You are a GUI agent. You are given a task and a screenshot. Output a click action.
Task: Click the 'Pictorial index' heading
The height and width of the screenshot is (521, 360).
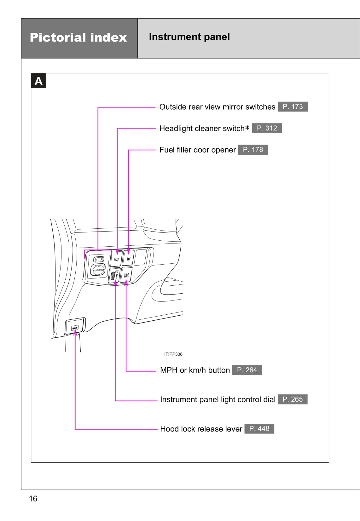tap(78, 37)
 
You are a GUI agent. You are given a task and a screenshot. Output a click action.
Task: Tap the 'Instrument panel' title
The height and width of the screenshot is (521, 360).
tap(189, 37)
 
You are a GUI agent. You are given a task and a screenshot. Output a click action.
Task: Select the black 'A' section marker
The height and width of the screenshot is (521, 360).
tap(38, 81)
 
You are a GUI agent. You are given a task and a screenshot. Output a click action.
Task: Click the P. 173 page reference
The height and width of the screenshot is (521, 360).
tap(293, 106)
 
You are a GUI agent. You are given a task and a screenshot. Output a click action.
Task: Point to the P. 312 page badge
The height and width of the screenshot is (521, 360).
tap(267, 128)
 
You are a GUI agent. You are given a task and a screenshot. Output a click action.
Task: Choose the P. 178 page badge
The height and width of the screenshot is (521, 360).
tap(253, 150)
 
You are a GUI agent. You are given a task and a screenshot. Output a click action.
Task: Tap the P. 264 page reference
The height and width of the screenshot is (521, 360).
tap(247, 370)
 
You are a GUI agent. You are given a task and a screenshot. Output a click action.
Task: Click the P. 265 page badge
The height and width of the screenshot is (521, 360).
tap(292, 399)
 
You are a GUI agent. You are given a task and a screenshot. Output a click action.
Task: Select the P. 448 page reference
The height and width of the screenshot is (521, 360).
tap(259, 428)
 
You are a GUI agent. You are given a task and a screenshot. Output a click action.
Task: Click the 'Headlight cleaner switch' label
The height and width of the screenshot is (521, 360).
tap(202, 129)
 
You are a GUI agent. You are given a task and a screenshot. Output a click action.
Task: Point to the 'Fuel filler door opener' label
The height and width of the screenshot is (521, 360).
tap(197, 150)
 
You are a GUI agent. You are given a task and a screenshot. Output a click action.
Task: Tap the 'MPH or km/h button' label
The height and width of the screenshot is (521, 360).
tap(195, 370)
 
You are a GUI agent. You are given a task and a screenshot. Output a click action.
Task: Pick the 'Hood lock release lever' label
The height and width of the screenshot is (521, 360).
tap(201, 429)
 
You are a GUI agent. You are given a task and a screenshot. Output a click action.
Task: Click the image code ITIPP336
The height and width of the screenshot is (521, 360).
tap(173, 354)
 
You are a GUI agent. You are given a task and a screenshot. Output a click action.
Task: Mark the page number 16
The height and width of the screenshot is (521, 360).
tap(33, 499)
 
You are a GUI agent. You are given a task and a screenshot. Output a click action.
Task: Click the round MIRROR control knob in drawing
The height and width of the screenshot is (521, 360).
tap(98, 270)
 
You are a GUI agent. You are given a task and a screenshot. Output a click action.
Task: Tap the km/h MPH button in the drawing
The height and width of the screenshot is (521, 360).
tap(126, 275)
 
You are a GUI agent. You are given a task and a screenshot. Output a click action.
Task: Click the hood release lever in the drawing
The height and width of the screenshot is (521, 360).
tap(75, 328)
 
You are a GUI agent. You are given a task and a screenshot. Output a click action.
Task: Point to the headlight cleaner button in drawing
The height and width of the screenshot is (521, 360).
tap(116, 259)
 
